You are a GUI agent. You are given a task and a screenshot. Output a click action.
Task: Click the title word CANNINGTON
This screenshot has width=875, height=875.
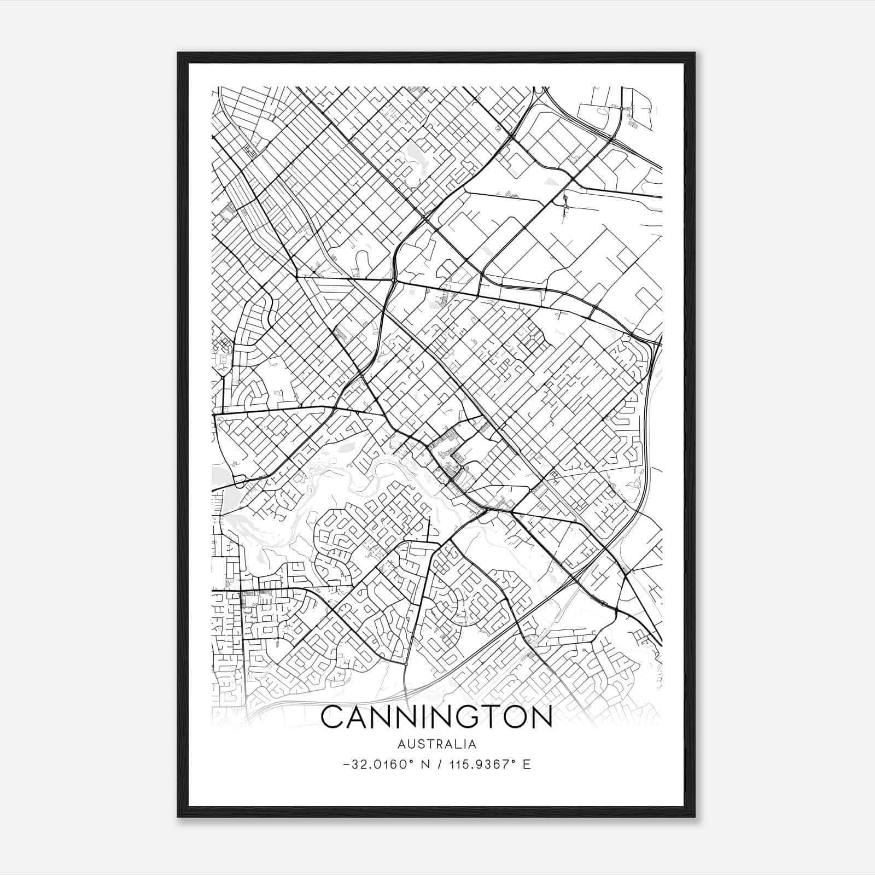[436, 718]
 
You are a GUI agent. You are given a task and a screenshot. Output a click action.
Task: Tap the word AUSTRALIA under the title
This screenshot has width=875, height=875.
[437, 744]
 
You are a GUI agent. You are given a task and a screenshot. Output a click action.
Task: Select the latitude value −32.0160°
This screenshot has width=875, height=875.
[377, 764]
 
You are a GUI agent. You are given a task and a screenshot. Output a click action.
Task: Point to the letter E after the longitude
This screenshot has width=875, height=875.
[527, 764]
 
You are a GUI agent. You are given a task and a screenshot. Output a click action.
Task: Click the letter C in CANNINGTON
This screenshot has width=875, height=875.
[332, 718]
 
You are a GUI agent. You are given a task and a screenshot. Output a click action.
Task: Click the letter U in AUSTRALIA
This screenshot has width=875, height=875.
[412, 744]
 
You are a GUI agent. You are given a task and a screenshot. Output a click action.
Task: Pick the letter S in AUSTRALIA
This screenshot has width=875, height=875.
[421, 744]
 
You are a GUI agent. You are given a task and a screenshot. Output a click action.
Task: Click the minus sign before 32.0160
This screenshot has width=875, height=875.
[346, 765]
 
